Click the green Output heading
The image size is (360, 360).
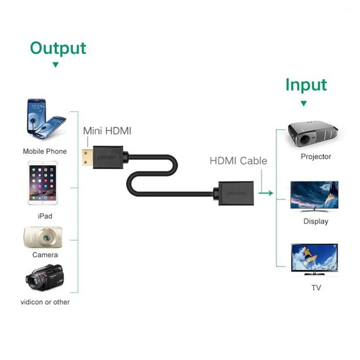pyautogui.click(x=58, y=48)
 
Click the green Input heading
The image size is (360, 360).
pyautogui.click(x=305, y=85)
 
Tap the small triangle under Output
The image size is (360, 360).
pyautogui.click(x=56, y=65)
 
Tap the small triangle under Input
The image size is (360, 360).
pyautogui.click(x=304, y=103)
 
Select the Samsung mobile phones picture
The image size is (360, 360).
pyautogui.click(x=45, y=120)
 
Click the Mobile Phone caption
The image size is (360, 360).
pyautogui.click(x=45, y=152)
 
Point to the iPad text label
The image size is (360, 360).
pyautogui.click(x=45, y=216)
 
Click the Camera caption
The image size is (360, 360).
pyautogui.click(x=45, y=255)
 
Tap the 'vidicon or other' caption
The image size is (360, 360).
pyautogui.click(x=45, y=302)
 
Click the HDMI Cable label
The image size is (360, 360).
pyautogui.click(x=238, y=160)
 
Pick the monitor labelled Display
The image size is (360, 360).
pyautogui.click(x=315, y=196)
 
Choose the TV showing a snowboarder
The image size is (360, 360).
pyautogui.click(x=315, y=258)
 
